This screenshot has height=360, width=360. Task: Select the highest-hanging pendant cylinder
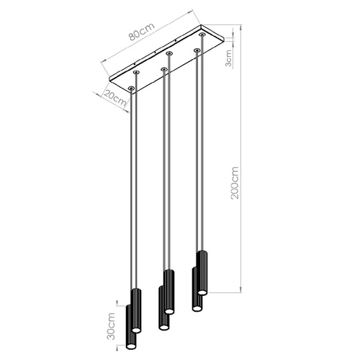click(x=202, y=271)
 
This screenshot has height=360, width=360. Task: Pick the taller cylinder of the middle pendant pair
click(x=168, y=290)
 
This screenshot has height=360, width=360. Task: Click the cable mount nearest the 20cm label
click(x=131, y=88)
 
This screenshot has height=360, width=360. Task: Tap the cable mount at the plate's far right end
click(x=202, y=34)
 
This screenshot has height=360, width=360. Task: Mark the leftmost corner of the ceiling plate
click(x=108, y=79)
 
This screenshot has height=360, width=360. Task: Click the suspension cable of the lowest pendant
click(x=131, y=194)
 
